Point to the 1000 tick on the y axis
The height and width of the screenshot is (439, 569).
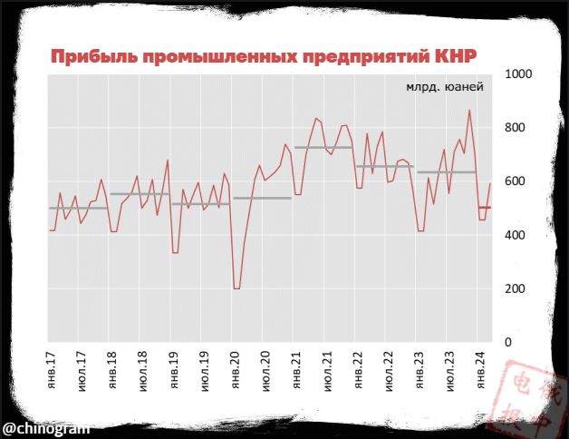pyautogui.click(x=521, y=74)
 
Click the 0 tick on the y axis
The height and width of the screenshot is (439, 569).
pyautogui.click(x=508, y=342)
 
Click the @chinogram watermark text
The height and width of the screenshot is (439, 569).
pyautogui.click(x=45, y=425)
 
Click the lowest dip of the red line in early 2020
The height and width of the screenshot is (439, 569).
pyautogui.click(x=237, y=288)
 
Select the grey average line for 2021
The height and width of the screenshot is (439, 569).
pyautogui.click(x=323, y=147)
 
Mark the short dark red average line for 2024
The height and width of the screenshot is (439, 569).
pyautogui.click(x=485, y=208)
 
